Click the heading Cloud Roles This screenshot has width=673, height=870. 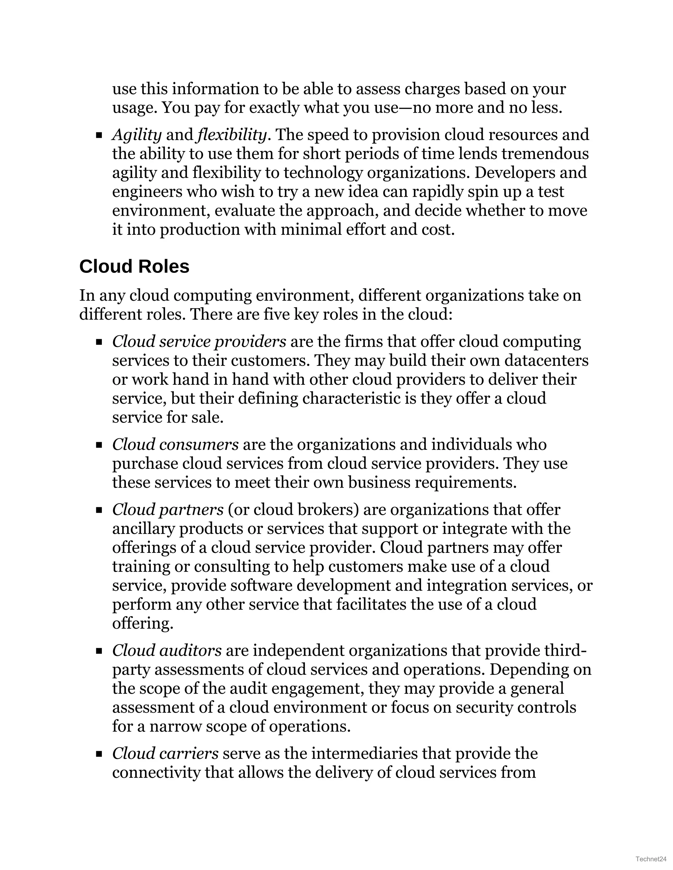pyautogui.click(x=134, y=267)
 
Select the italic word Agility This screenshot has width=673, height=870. pyautogui.click(x=137, y=135)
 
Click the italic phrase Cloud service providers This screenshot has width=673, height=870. pyautogui.click(x=199, y=342)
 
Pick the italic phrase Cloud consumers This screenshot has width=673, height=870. pyautogui.click(x=175, y=445)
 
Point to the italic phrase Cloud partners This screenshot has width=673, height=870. pyautogui.click(x=168, y=510)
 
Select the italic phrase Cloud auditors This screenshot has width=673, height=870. pyautogui.click(x=167, y=650)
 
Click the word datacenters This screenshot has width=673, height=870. pyautogui.click(x=546, y=360)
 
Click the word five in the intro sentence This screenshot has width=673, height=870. pyautogui.click(x=276, y=314)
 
